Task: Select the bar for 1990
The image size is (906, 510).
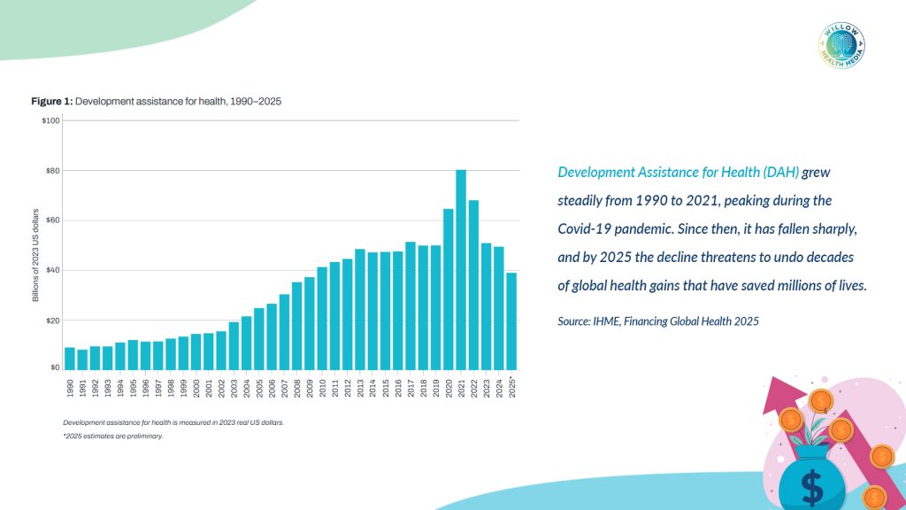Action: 70,359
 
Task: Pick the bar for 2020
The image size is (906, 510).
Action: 449,289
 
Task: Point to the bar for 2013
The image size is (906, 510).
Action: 360,309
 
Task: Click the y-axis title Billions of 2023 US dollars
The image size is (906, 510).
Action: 35,256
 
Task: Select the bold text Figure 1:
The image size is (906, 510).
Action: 51,102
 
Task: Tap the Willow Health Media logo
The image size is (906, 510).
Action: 842,45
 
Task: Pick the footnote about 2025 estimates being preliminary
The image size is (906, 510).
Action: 113,437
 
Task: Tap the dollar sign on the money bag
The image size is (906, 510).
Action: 811,485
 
